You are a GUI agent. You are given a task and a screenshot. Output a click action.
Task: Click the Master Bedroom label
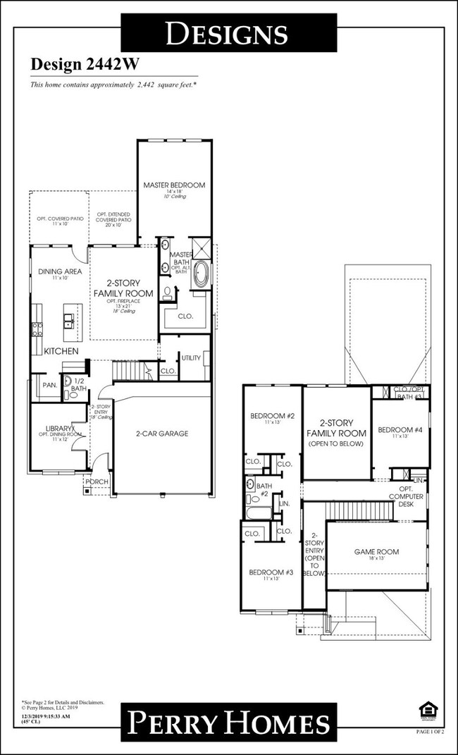click(x=174, y=185)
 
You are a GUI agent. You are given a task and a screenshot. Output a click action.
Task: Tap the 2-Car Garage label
click(x=161, y=434)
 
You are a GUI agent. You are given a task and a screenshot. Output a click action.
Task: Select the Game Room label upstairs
click(x=376, y=552)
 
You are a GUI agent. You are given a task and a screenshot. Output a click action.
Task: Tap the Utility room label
click(x=190, y=358)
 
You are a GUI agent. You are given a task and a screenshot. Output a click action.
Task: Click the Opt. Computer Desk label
click(x=405, y=496)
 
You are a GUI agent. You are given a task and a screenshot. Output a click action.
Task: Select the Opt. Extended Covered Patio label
click(x=114, y=219)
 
